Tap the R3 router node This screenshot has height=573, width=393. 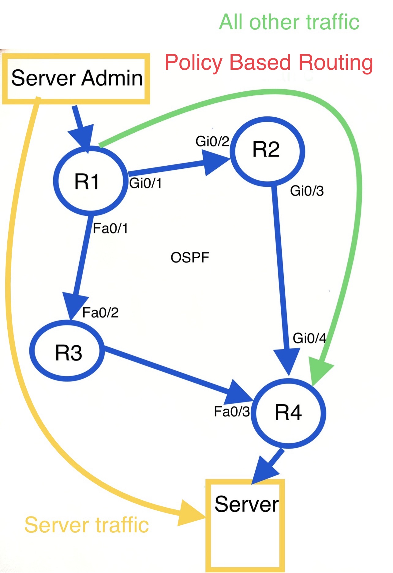[x=67, y=351]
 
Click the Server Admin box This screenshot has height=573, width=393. [x=76, y=78]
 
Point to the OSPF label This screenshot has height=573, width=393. [x=190, y=258]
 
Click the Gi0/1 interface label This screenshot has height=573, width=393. [x=145, y=183]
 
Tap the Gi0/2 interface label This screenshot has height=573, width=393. [x=212, y=141]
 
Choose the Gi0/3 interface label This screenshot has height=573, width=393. [x=307, y=191]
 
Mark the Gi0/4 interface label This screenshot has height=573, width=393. [x=309, y=338]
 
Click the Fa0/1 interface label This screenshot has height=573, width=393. [x=110, y=228]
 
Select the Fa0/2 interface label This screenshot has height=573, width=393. [x=100, y=313]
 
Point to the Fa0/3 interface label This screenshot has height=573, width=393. [x=232, y=412]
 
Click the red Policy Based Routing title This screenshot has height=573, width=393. [x=269, y=63]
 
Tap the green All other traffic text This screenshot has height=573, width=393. [x=289, y=22]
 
